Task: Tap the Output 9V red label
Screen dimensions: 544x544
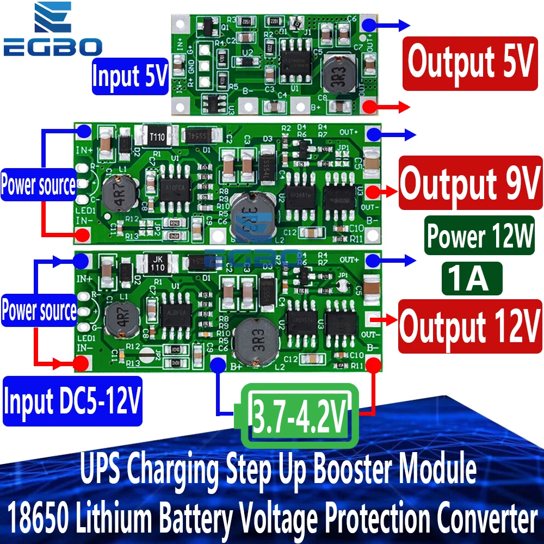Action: (471, 183)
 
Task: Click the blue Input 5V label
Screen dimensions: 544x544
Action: (129, 76)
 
